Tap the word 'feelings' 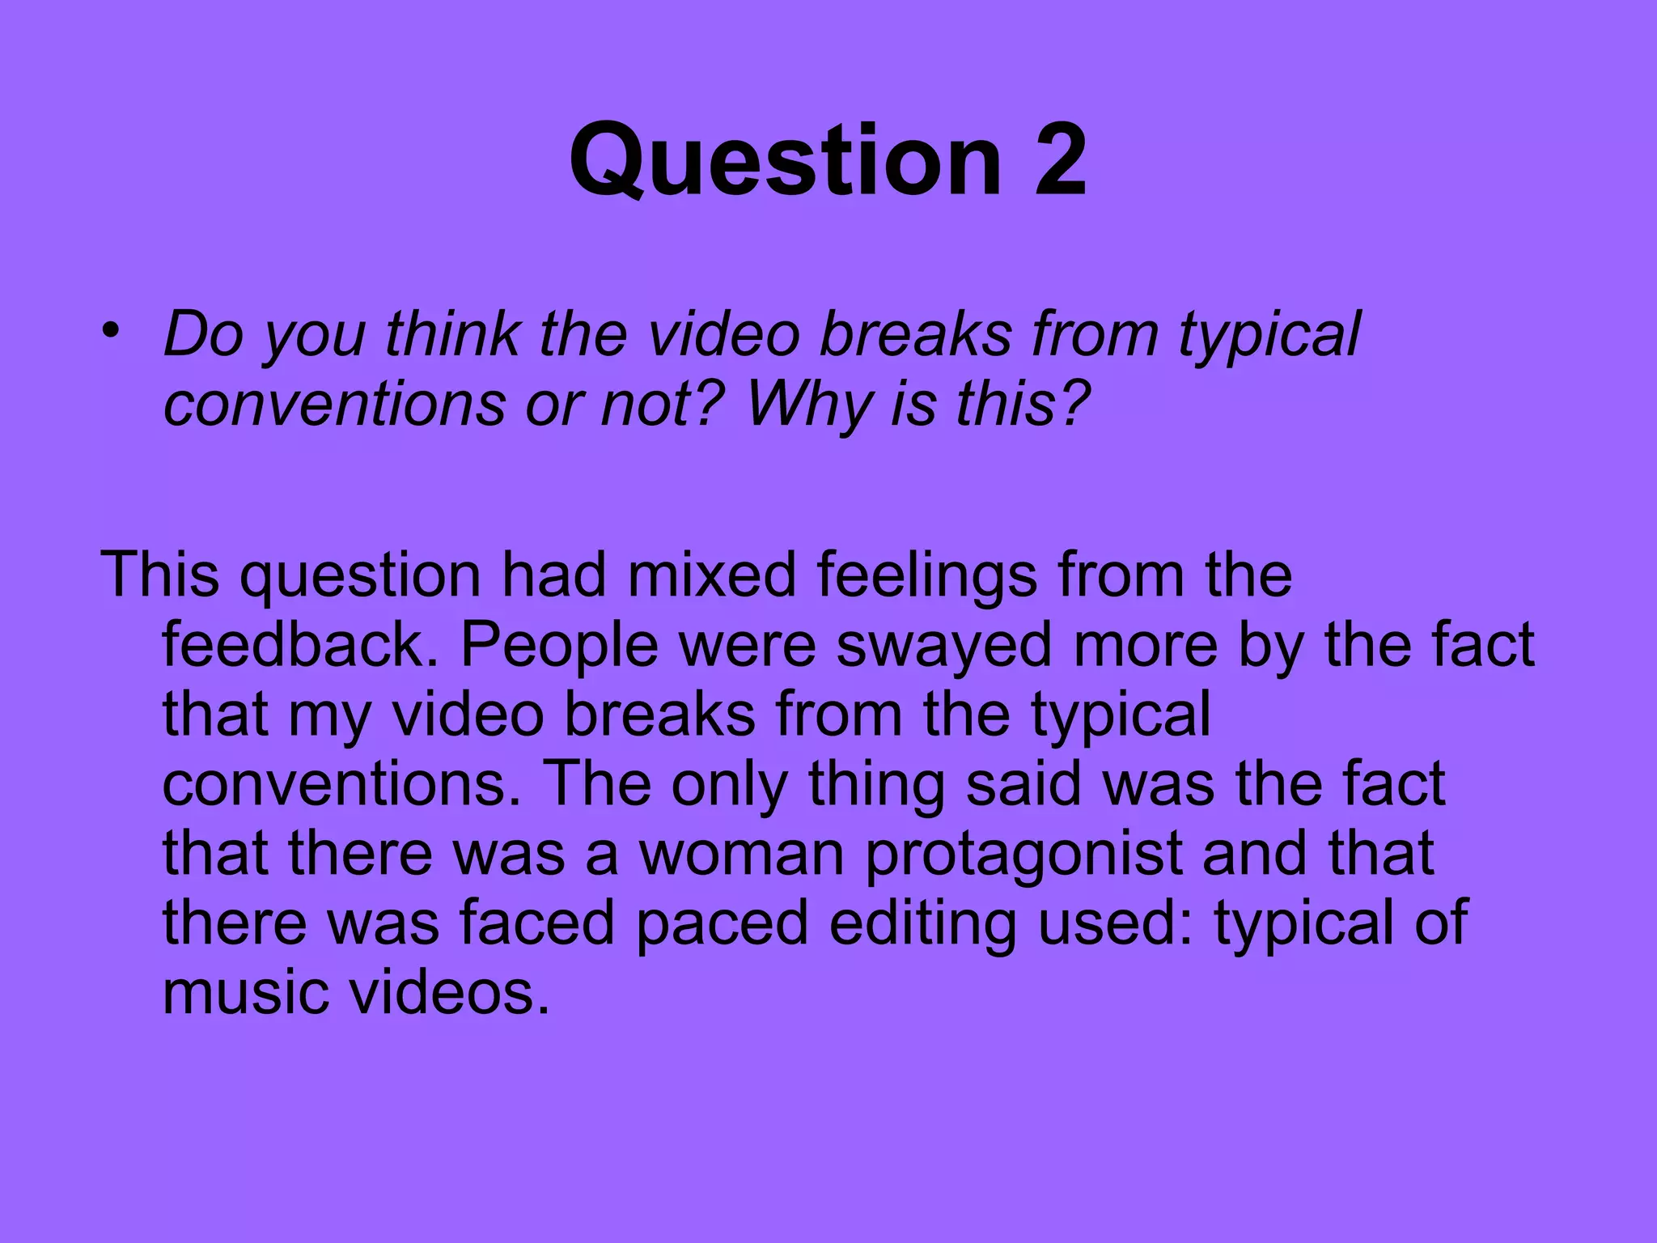(926, 576)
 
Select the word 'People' (559, 647)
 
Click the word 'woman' (742, 854)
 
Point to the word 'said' (1023, 784)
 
